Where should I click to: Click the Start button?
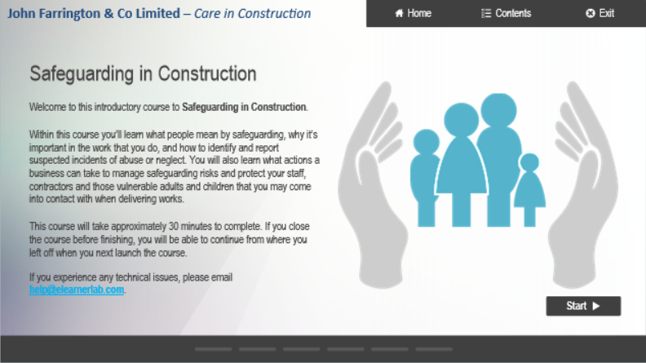(583, 306)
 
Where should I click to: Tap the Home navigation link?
(413, 13)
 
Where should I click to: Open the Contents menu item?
(506, 13)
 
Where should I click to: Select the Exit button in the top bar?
(600, 13)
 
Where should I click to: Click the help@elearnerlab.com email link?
(77, 290)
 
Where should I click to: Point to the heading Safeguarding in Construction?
(143, 74)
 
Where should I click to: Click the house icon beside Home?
(399, 13)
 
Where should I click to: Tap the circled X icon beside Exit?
(590, 13)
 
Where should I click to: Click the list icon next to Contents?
(486, 13)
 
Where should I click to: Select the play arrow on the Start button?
(596, 306)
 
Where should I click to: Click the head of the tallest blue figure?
(498, 110)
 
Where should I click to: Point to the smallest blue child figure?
(530, 189)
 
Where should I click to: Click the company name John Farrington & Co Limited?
(94, 14)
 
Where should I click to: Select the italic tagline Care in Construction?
(253, 14)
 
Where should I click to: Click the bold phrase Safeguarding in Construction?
(244, 107)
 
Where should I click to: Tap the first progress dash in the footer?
(214, 349)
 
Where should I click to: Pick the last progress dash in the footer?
(434, 349)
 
